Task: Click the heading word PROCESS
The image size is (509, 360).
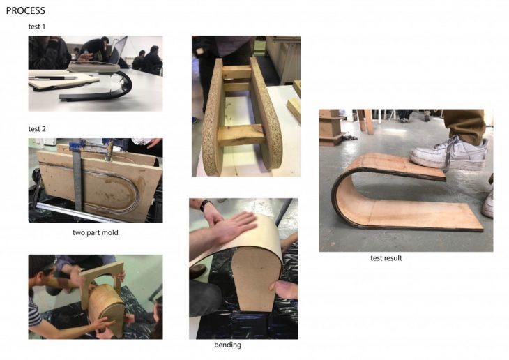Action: pos(26,10)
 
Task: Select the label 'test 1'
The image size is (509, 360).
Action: pos(37,27)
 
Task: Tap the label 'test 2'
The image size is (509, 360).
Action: pos(37,129)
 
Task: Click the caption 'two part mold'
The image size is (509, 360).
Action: pos(95,232)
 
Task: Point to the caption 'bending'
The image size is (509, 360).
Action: pos(227,345)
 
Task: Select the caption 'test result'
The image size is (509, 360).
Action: pos(386,258)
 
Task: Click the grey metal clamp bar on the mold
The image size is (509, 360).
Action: pos(77,179)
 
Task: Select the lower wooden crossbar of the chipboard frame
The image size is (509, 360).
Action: pos(241,134)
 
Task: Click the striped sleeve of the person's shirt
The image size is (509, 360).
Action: pos(34,313)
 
